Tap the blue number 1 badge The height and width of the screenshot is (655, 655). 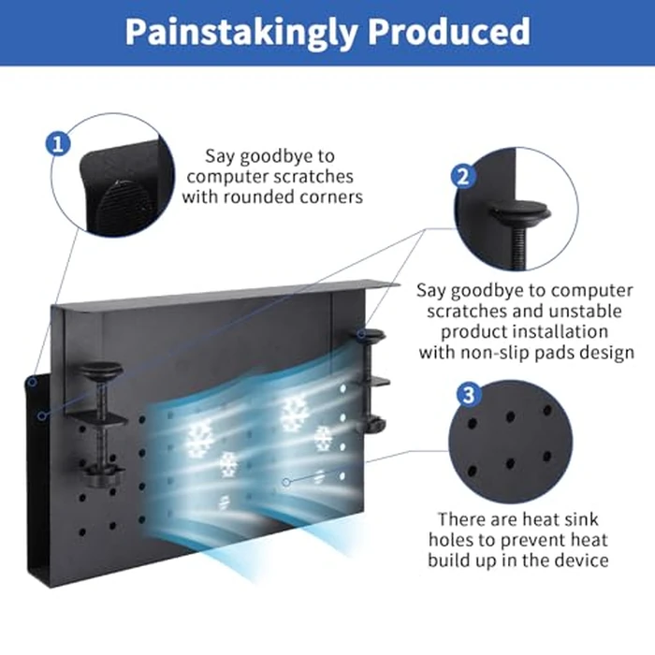[58, 143]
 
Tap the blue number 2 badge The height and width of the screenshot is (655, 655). [462, 176]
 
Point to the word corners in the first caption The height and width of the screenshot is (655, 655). [328, 196]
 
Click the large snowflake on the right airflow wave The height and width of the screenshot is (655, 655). [294, 412]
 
